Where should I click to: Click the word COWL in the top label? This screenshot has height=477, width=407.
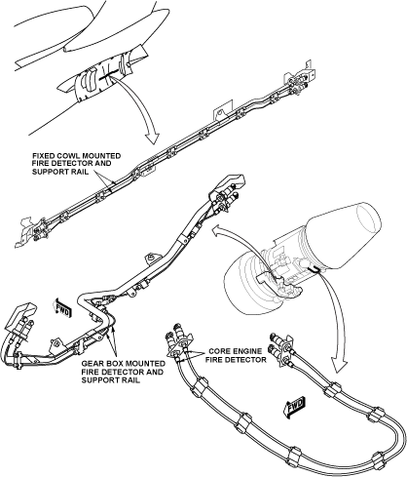[x=65, y=156]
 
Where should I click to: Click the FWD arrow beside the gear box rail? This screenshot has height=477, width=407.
[x=63, y=307]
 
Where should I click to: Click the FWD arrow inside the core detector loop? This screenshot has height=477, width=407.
[x=295, y=406]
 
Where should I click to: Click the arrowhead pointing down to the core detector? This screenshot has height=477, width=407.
[x=338, y=365]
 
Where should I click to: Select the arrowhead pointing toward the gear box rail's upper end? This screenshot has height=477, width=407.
[x=216, y=230]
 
